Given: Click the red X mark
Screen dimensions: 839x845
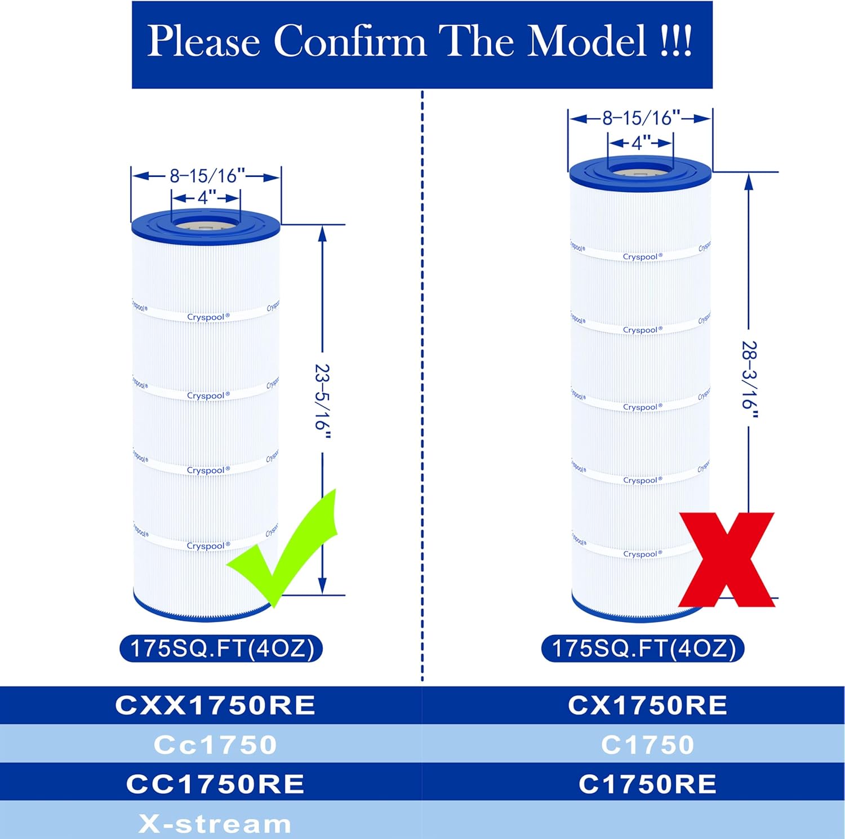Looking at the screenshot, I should pyautogui.click(x=727, y=559).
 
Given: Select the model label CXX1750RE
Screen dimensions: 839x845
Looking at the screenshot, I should pyautogui.click(x=215, y=705).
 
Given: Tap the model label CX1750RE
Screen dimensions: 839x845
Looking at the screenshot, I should pyautogui.click(x=647, y=705).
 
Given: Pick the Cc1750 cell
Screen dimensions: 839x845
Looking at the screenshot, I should pyautogui.click(x=215, y=744).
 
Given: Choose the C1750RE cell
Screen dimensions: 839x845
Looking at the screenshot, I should pyautogui.click(x=647, y=784).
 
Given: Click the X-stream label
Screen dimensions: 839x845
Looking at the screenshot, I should pyautogui.click(x=215, y=824).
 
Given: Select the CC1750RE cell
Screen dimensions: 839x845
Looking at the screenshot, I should pyautogui.click(x=215, y=784).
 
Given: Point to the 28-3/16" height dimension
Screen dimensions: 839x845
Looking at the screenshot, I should pyautogui.click(x=749, y=379).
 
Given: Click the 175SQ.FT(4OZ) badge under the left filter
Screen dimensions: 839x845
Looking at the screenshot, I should pyautogui.click(x=221, y=648).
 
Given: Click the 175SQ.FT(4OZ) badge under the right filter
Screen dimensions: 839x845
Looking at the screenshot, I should pyautogui.click(x=643, y=648).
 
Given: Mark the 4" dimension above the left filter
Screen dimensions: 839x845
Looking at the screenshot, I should pyautogui.click(x=206, y=198).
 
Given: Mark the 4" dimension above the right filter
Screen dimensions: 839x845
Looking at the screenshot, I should pyautogui.click(x=641, y=143).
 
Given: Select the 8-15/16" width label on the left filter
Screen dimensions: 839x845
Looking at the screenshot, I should pyautogui.click(x=207, y=176).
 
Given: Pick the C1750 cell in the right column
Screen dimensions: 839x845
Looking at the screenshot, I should pyautogui.click(x=647, y=744).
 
